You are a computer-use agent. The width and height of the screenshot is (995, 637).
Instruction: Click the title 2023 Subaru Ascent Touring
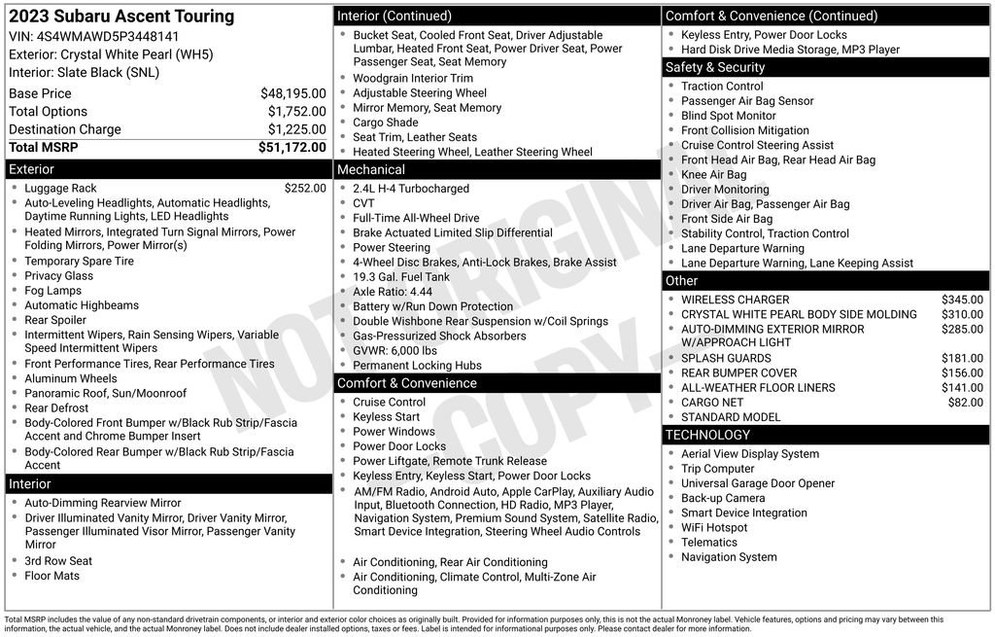[121, 17]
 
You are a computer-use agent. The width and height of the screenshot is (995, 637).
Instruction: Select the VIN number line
[94, 36]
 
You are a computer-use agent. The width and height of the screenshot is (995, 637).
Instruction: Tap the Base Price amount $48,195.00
[292, 93]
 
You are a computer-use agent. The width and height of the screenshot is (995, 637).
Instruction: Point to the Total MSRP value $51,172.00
[292, 148]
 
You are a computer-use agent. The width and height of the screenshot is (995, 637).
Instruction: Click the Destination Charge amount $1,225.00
[296, 129]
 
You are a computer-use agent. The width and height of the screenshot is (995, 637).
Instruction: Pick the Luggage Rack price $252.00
[305, 189]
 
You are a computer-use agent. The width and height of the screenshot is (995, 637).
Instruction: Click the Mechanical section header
[371, 170]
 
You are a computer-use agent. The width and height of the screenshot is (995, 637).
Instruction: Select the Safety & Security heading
[715, 67]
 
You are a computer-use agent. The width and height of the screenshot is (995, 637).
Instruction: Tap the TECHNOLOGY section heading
[707, 435]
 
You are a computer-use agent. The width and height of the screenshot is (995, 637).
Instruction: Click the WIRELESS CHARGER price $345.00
[962, 301]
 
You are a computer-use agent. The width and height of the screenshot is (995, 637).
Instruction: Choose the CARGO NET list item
[712, 403]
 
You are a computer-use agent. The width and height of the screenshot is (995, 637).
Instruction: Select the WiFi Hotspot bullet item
[714, 528]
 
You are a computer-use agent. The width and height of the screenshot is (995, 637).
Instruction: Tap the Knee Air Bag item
[714, 175]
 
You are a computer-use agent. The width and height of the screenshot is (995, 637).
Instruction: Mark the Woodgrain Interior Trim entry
[413, 79]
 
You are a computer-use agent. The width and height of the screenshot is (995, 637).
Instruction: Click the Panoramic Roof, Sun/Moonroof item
[106, 394]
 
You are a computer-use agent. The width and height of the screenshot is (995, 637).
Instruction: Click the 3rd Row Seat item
[58, 561]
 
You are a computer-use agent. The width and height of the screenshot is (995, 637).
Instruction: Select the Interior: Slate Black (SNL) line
[84, 73]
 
